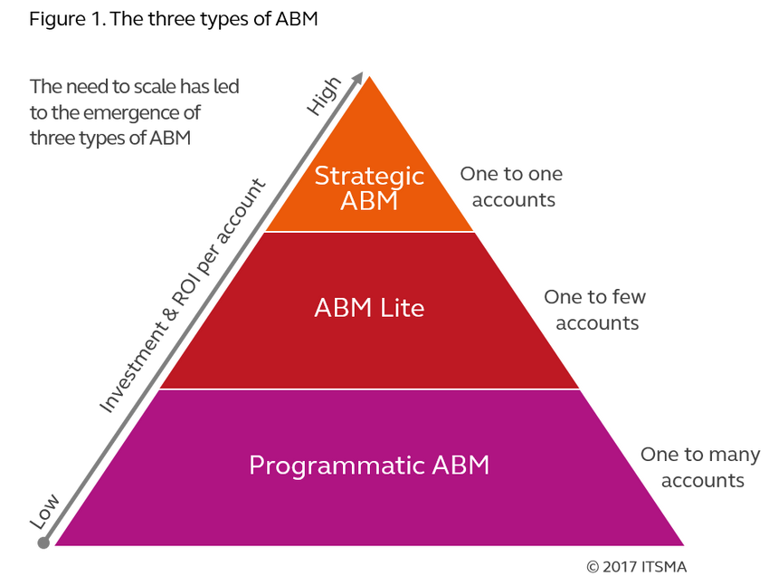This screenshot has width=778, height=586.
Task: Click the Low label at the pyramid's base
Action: [x=45, y=509]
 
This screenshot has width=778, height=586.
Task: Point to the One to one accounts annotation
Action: [x=511, y=187]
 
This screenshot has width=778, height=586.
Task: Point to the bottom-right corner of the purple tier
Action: [x=687, y=546]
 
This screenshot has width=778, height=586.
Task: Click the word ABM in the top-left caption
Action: [x=176, y=140]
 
